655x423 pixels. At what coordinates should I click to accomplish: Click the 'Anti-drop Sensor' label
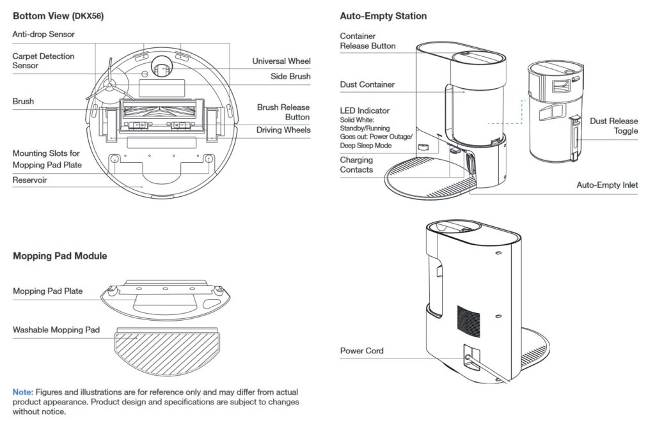coord(43,34)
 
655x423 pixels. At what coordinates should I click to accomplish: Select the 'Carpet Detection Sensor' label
coord(43,61)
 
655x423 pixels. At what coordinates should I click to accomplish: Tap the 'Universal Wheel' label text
coord(281,61)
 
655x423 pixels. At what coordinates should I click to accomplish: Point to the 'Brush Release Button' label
coord(283,112)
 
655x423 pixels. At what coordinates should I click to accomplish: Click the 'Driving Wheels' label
coord(283,130)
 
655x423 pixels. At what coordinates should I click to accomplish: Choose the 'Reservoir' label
coord(29,180)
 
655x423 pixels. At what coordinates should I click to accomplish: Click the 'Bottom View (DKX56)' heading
coord(58,16)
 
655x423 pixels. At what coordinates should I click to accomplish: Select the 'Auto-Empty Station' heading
coord(383,16)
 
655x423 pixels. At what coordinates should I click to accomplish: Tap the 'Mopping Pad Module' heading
coord(60,256)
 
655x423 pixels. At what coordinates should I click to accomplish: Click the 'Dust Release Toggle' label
coord(613,126)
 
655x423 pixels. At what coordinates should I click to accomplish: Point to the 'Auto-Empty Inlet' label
coord(607,185)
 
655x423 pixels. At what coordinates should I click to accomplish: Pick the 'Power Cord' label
coord(361,351)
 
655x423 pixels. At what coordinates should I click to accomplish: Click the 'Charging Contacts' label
coord(356,165)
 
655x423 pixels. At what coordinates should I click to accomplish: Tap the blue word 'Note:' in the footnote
coord(23,392)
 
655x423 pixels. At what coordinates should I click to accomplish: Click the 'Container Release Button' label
coord(367,41)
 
